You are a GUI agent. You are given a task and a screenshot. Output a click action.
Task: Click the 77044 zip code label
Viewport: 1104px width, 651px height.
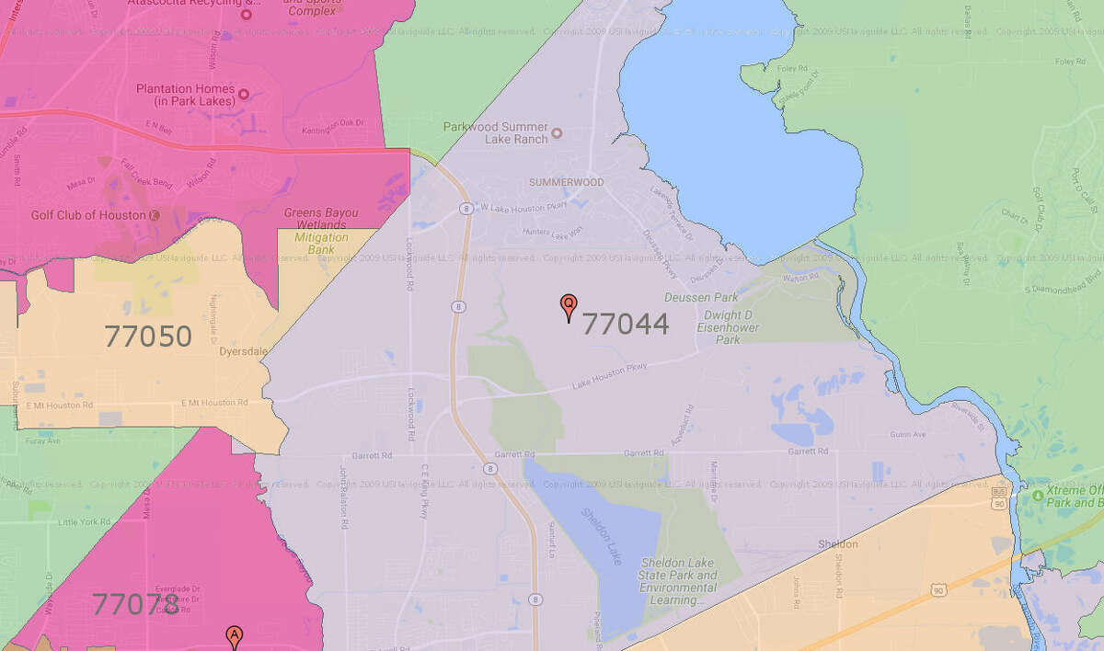(x=626, y=324)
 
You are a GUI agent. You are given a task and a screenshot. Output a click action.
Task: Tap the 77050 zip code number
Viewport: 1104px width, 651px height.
(x=147, y=337)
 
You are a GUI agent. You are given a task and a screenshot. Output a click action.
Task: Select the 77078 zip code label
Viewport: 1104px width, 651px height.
(x=135, y=604)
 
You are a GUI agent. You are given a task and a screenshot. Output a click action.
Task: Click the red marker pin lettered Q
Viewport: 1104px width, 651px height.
(x=569, y=306)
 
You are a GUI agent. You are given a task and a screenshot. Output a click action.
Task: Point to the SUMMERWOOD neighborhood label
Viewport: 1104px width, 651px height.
(x=566, y=182)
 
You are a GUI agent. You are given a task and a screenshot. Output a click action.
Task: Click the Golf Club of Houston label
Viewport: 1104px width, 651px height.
(x=89, y=215)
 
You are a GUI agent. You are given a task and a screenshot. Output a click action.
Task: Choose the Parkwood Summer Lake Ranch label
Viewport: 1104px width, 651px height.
(x=496, y=132)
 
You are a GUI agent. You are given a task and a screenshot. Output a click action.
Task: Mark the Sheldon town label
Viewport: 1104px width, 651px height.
(x=837, y=544)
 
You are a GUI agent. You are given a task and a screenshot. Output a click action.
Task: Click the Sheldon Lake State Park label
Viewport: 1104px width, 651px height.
(x=678, y=581)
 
